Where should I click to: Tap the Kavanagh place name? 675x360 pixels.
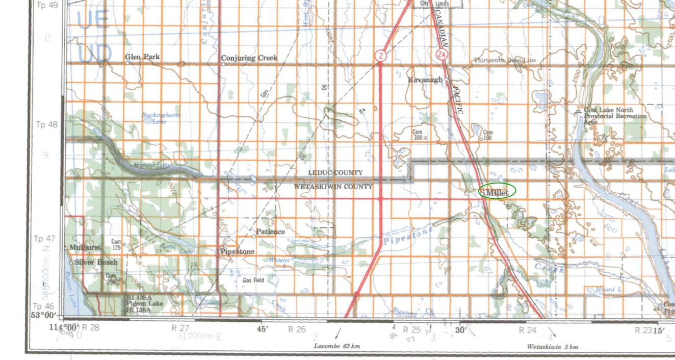point(425,80)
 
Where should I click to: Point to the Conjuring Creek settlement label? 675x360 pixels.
point(249,58)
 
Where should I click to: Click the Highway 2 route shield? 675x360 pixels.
point(380,55)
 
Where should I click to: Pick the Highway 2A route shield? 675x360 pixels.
point(442,54)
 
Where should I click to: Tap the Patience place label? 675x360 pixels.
point(270,232)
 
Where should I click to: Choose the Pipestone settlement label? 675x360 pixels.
point(238,252)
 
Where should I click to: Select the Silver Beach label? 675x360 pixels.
point(96,262)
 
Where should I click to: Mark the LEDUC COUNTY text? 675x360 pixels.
point(335,173)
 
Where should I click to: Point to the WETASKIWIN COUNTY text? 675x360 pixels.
point(333,187)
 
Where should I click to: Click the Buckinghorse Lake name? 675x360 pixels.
point(161,118)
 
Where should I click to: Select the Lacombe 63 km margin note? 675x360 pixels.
point(336,346)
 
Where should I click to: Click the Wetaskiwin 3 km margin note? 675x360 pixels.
point(552,347)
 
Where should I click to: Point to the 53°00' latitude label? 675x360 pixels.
point(42,315)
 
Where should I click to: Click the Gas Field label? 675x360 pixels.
point(253,280)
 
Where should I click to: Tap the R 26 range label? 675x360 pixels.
point(297,329)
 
